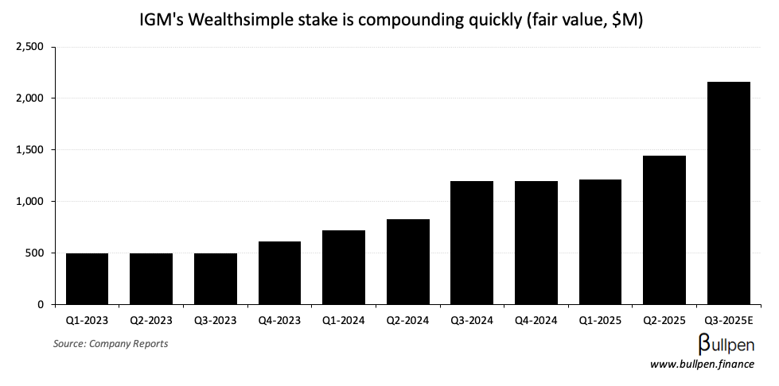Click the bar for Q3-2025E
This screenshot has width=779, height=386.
pyautogui.click(x=728, y=193)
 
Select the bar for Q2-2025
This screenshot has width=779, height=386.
pyautogui.click(x=664, y=230)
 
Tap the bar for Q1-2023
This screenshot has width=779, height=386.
pyautogui.click(x=87, y=279)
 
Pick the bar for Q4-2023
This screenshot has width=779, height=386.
pyautogui.click(x=279, y=273)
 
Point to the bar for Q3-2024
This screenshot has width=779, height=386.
pyautogui.click(x=472, y=243)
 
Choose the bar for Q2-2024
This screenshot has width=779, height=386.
pyautogui.click(x=407, y=262)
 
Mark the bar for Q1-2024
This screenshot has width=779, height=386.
pyautogui.click(x=344, y=268)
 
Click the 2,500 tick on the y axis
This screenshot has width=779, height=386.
pyautogui.click(x=29, y=47)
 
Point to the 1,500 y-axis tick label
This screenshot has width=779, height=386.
pyautogui.click(x=29, y=150)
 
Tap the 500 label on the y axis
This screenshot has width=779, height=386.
pyautogui.click(x=36, y=253)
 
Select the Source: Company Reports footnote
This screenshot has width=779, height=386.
pyautogui.click(x=111, y=343)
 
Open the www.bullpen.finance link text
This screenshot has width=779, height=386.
pyautogui.click(x=702, y=365)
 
